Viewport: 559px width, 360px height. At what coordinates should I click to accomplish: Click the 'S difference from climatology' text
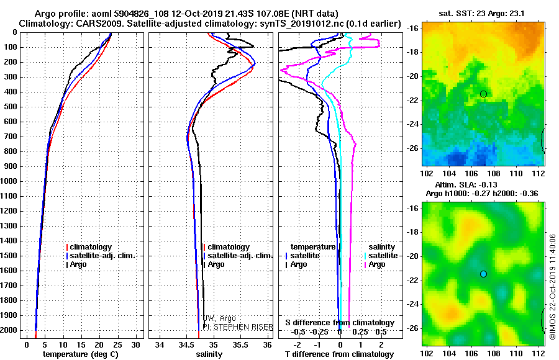[x=339, y=323]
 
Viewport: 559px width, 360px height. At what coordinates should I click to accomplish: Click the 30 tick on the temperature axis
[x=137, y=344]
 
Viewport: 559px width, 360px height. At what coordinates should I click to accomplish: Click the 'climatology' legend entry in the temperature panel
[x=92, y=247]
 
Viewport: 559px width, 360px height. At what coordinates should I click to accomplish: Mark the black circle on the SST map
[x=483, y=94]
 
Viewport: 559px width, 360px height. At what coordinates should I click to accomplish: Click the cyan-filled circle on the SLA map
[x=483, y=274]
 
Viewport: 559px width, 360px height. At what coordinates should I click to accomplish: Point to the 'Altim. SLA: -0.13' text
[x=483, y=184]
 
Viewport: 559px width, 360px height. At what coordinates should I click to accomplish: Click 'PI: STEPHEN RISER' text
[x=237, y=326]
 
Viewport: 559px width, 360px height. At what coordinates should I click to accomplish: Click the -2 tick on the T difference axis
[x=298, y=344]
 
